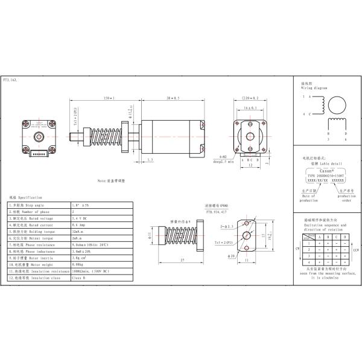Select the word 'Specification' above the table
point(30,197)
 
